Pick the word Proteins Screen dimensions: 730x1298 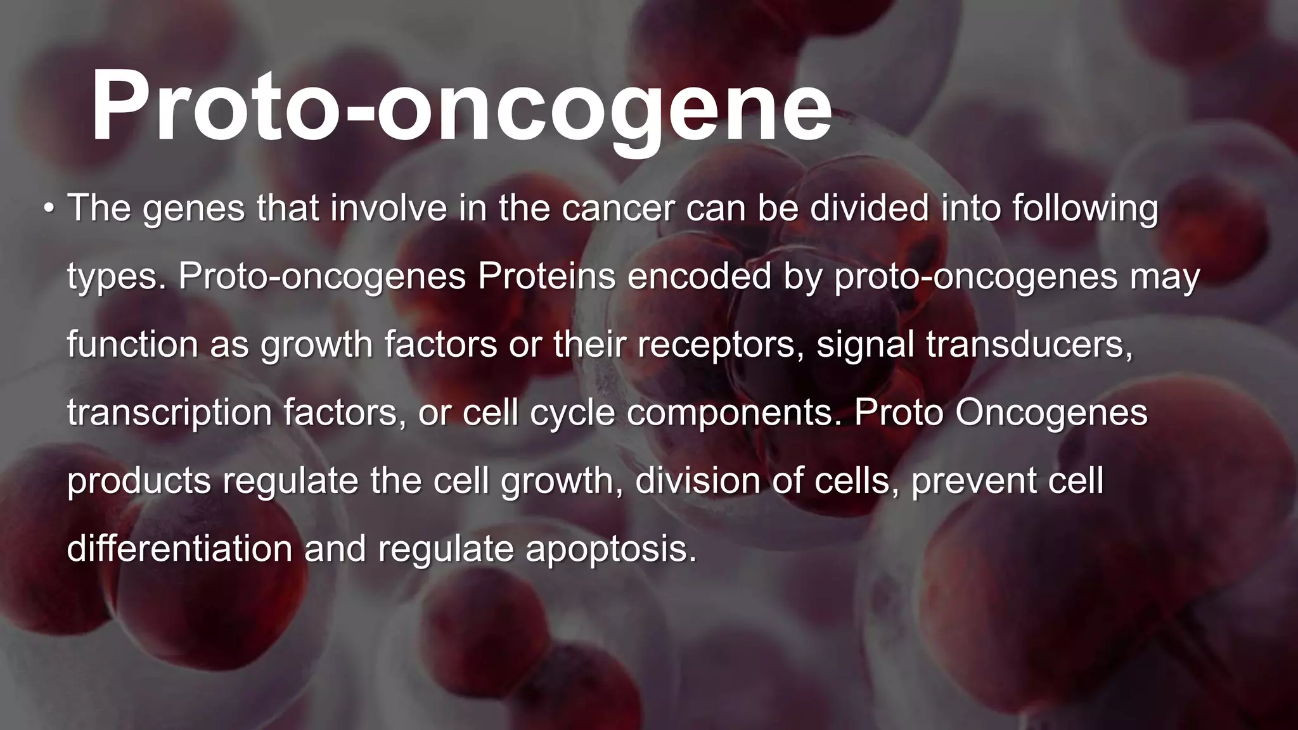(546, 276)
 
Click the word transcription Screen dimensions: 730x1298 (169, 413)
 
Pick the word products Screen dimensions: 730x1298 (139, 482)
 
